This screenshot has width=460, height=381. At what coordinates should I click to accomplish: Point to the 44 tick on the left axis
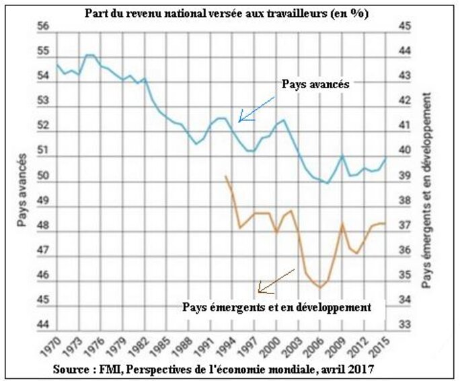(x=44, y=324)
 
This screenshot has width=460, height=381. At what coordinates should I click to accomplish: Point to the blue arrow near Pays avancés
(x=258, y=108)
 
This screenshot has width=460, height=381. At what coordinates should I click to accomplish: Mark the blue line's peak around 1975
(x=89, y=55)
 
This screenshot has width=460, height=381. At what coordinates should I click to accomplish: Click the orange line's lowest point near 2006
(x=320, y=288)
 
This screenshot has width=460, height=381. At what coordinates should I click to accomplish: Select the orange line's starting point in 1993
(x=225, y=176)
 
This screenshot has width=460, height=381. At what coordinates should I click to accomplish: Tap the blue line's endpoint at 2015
(x=385, y=159)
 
